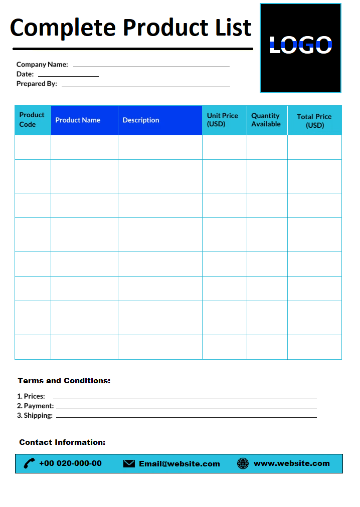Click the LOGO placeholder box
(300, 48)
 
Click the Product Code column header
(33, 120)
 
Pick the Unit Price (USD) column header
(224, 120)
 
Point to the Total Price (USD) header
(314, 121)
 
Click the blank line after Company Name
(151, 66)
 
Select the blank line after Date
(68, 75)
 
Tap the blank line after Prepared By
(145, 86)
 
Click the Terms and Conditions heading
(64, 381)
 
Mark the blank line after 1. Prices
(182, 397)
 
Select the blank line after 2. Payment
(186, 407)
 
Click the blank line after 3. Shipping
(186, 416)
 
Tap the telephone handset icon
(30, 463)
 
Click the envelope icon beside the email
(129, 464)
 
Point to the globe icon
(243, 463)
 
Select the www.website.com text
(292, 463)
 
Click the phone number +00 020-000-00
(70, 463)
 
